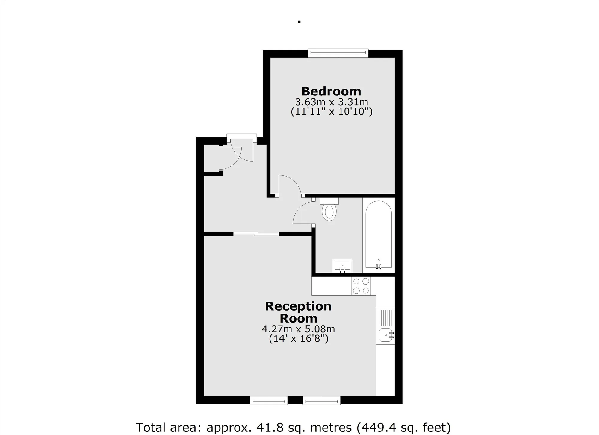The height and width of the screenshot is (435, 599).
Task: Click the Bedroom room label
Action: click(x=331, y=91)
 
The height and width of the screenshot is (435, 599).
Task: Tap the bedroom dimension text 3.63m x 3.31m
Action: click(x=332, y=102)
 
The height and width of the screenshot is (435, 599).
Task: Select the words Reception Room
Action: click(x=298, y=312)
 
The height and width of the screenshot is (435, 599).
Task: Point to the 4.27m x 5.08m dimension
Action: click(x=298, y=329)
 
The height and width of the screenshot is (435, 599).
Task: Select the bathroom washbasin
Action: click(x=342, y=266)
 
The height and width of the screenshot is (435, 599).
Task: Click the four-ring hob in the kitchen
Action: click(x=361, y=286)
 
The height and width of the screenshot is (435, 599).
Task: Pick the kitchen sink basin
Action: click(x=385, y=335)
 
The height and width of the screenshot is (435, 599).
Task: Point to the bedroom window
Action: click(x=338, y=54)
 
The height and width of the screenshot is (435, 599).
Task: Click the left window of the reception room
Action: click(x=269, y=400)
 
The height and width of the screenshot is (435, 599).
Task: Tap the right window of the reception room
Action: click(x=322, y=400)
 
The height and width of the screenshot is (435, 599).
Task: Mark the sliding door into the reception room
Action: click(x=256, y=234)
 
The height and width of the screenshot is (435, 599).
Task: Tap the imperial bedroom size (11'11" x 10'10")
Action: click(x=332, y=112)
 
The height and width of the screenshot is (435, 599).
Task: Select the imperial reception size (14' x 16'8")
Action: click(x=299, y=339)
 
